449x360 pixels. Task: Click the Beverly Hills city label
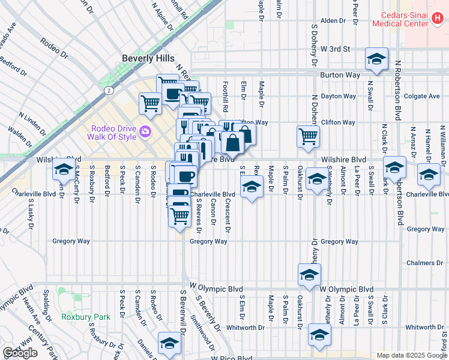pos(148,58)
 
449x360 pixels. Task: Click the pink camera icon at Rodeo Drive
pos(145,131)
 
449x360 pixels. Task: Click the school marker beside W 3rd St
pos(376,59)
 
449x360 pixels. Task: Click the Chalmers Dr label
pos(423,263)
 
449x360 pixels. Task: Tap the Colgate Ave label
pos(422,96)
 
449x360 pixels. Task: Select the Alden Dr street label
pos(333,20)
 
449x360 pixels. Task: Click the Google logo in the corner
pos(20,353)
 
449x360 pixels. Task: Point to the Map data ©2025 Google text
pos(412,355)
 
